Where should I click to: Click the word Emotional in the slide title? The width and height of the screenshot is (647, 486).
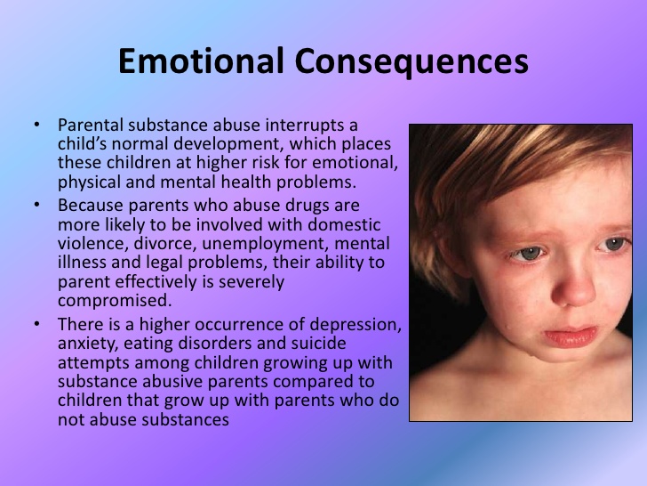pos(201,61)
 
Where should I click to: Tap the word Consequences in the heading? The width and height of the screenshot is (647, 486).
pos(411,61)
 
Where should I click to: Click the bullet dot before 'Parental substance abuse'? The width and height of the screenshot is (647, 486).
pos(37,124)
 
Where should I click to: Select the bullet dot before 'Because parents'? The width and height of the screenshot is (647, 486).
pos(37,204)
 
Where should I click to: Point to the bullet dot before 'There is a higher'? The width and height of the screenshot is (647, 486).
pos(37,324)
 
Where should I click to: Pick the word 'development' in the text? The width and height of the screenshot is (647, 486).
pos(228,144)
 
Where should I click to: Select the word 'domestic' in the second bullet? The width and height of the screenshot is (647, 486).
pos(344,225)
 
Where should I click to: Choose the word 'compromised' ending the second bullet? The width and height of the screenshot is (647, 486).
pos(115,301)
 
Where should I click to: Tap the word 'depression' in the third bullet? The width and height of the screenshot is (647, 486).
pos(355,325)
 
